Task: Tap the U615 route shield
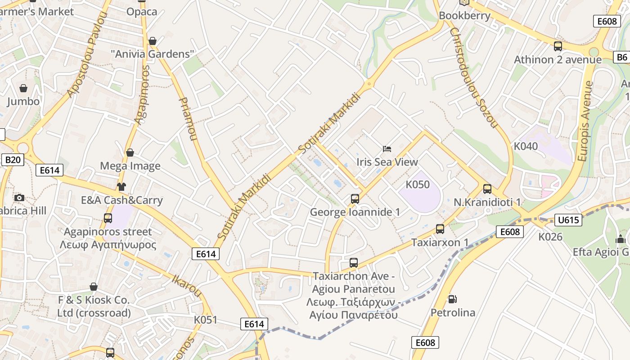click(568, 220)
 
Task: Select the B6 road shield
click(621, 57)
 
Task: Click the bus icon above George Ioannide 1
click(355, 198)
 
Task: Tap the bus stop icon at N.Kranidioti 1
click(487, 189)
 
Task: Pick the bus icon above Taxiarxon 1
click(440, 229)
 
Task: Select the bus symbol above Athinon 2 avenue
click(558, 46)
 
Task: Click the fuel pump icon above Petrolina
click(452, 299)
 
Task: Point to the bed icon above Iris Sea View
click(387, 148)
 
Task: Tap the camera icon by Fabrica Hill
click(19, 198)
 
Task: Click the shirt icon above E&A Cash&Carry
click(121, 187)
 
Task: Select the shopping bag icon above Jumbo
click(23, 88)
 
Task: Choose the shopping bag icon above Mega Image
click(130, 153)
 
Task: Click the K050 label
click(418, 184)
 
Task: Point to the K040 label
click(526, 146)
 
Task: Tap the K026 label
click(550, 236)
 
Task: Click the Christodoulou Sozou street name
click(473, 77)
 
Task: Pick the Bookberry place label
click(464, 16)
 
